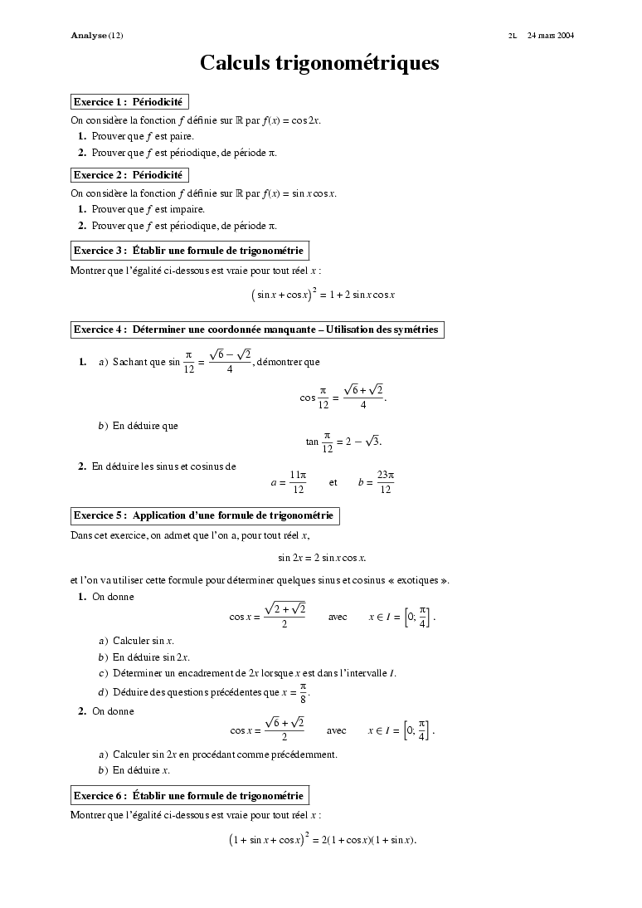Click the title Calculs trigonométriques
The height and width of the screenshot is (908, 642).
point(319,63)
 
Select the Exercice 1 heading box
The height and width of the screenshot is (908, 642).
point(129,102)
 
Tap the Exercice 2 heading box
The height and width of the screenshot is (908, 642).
point(129,175)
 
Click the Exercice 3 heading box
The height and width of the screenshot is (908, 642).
point(190,250)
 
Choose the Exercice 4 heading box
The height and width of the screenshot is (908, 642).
point(256,330)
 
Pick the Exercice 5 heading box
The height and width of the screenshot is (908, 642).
point(205,515)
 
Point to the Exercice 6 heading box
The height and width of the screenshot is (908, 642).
point(190,795)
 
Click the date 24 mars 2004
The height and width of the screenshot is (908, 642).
point(551,36)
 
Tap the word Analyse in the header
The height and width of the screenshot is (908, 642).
point(89,36)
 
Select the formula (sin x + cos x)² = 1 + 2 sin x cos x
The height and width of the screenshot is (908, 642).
point(323,295)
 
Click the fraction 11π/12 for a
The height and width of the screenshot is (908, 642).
point(298,482)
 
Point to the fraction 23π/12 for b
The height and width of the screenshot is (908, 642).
point(385,482)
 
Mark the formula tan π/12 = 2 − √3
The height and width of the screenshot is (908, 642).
point(343,441)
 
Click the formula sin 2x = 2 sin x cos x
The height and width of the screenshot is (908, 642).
point(322,557)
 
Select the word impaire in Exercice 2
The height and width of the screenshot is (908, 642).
point(187,209)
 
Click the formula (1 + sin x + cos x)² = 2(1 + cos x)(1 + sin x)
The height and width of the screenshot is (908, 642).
point(322,840)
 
